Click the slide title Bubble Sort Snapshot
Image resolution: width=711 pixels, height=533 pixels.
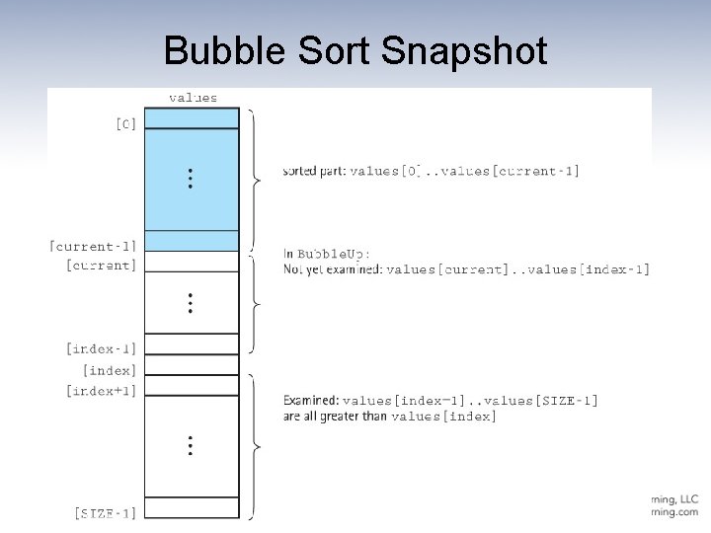(x=355, y=50)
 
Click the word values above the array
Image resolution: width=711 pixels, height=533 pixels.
(x=194, y=98)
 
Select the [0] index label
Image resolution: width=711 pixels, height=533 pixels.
(x=125, y=124)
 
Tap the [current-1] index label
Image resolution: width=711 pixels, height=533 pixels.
(x=94, y=245)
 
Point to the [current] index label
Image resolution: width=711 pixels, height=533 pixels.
(x=102, y=265)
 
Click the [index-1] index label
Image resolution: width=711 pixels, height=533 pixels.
(x=102, y=348)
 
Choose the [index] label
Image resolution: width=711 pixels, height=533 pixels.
(x=113, y=370)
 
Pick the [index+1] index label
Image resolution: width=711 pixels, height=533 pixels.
(x=102, y=391)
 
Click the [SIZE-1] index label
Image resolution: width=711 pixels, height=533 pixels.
(x=106, y=512)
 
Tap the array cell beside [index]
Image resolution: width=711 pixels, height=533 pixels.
(x=192, y=367)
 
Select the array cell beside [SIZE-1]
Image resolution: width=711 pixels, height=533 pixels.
(x=192, y=508)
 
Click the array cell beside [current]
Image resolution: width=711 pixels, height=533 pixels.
(x=192, y=262)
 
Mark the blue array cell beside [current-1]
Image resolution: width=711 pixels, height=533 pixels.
(x=192, y=241)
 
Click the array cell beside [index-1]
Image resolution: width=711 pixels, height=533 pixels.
(x=192, y=343)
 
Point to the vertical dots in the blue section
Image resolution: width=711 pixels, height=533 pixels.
(x=190, y=179)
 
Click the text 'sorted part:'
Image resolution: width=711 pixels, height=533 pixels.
(x=314, y=171)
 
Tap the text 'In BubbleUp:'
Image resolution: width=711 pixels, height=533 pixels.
(x=327, y=253)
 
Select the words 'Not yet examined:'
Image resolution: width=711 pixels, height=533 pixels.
(x=332, y=268)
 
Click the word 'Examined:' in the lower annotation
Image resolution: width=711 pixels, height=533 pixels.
(x=310, y=400)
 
